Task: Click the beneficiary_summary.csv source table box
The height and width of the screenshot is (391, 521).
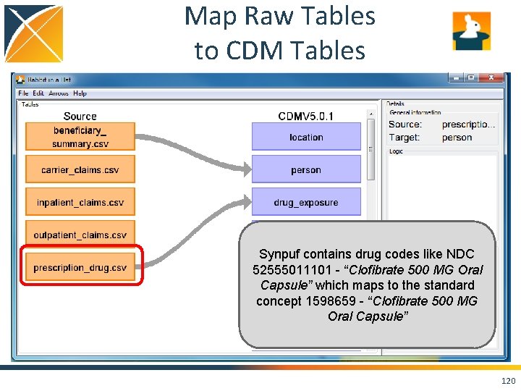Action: point(80,137)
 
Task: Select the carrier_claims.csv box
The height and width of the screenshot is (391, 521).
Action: point(80,170)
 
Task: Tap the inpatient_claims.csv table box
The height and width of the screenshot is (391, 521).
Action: point(80,203)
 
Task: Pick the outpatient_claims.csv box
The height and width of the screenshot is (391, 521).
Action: point(80,235)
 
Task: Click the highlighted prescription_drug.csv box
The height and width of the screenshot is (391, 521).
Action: point(80,268)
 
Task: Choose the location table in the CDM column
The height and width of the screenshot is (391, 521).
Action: point(306,137)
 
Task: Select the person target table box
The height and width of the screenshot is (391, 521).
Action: point(306,170)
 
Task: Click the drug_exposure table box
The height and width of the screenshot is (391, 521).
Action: point(306,203)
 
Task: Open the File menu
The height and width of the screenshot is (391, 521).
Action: point(23,93)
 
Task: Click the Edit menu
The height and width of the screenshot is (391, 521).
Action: point(38,93)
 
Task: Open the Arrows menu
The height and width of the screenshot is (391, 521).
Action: point(59,93)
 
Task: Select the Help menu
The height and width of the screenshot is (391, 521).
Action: point(80,93)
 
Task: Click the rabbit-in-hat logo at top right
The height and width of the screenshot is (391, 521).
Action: point(471,31)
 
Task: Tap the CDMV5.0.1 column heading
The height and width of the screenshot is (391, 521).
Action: point(306,116)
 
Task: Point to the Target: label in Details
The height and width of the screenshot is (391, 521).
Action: point(404,138)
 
